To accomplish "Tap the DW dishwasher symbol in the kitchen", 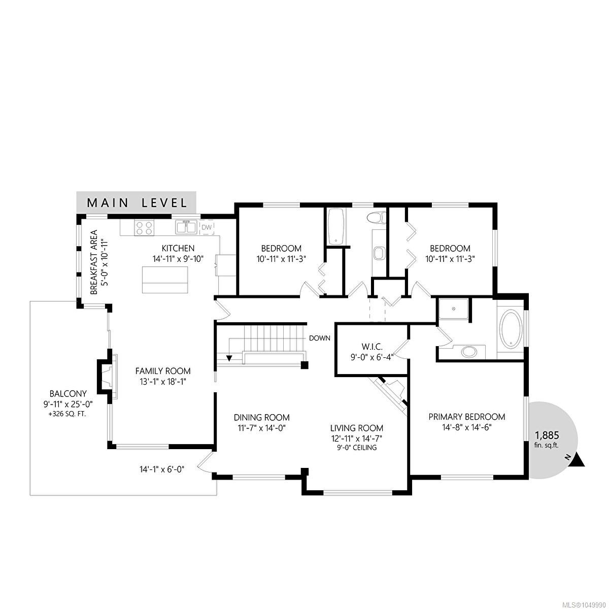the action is point(207,227).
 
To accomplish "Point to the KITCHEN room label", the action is point(178,248).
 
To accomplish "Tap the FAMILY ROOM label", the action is point(163,370).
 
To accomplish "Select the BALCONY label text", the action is point(68,393).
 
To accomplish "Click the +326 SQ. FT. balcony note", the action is point(68,414).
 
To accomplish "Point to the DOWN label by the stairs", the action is point(320,338).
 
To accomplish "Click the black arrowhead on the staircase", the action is point(229,358).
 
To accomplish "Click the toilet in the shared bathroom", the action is point(377,218).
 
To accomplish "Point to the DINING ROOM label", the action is point(262,417).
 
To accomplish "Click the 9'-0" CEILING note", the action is point(357,448).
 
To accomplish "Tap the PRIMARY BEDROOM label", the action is point(467,417).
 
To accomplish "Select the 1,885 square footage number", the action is point(547,435).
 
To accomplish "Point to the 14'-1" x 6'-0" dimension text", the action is point(162,469).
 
